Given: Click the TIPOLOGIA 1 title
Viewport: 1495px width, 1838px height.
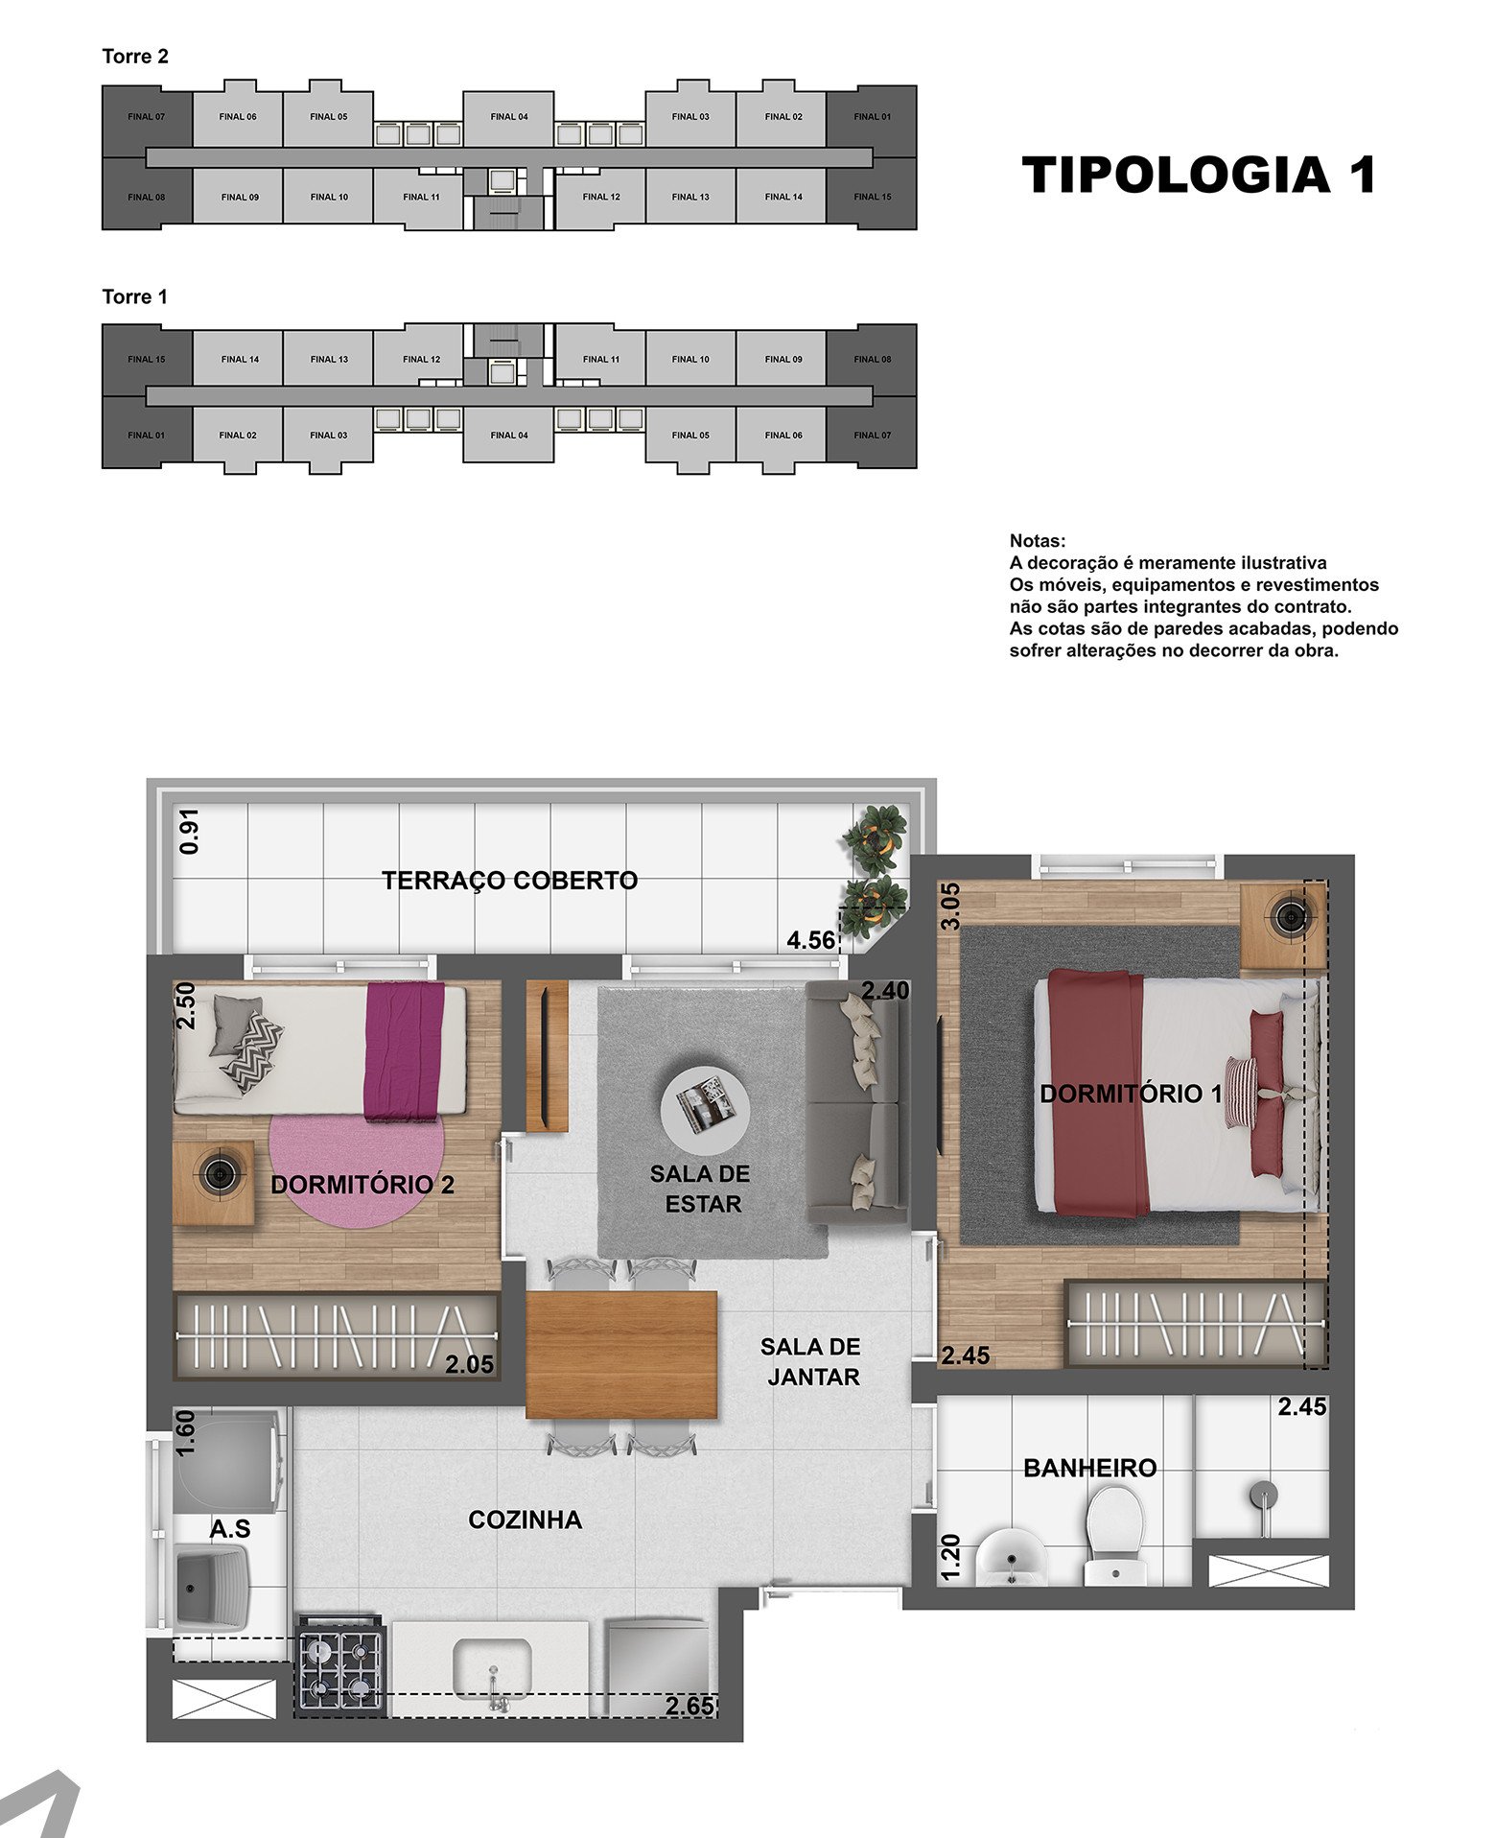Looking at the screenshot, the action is coord(1200,175).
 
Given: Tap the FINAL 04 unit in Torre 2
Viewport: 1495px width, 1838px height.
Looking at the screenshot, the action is coord(509,118).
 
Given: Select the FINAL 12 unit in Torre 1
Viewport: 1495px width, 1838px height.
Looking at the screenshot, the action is coord(422,359).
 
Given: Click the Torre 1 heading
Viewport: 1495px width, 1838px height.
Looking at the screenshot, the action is coord(135,297).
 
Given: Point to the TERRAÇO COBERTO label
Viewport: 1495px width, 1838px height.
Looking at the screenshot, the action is coord(510,881).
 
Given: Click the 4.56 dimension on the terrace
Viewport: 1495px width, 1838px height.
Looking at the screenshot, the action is coord(810,940).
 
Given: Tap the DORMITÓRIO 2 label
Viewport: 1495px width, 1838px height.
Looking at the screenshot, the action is coord(362,1185).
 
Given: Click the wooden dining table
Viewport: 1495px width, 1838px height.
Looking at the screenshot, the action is coord(622,1355).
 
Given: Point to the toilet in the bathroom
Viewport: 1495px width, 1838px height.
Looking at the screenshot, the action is coord(1114,1536).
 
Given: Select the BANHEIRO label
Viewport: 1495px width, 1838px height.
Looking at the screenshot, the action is coord(1090,1468).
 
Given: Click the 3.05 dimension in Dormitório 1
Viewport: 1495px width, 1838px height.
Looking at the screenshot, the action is coord(949,907).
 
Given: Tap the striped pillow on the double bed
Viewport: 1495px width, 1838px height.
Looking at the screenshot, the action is coord(1241,1092).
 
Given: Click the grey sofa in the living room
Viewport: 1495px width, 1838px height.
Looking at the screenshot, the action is coord(855,1102).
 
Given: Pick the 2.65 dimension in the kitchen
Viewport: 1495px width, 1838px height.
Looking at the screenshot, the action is coord(690,1707).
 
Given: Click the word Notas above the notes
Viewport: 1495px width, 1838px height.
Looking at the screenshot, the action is coord(1038,541).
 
